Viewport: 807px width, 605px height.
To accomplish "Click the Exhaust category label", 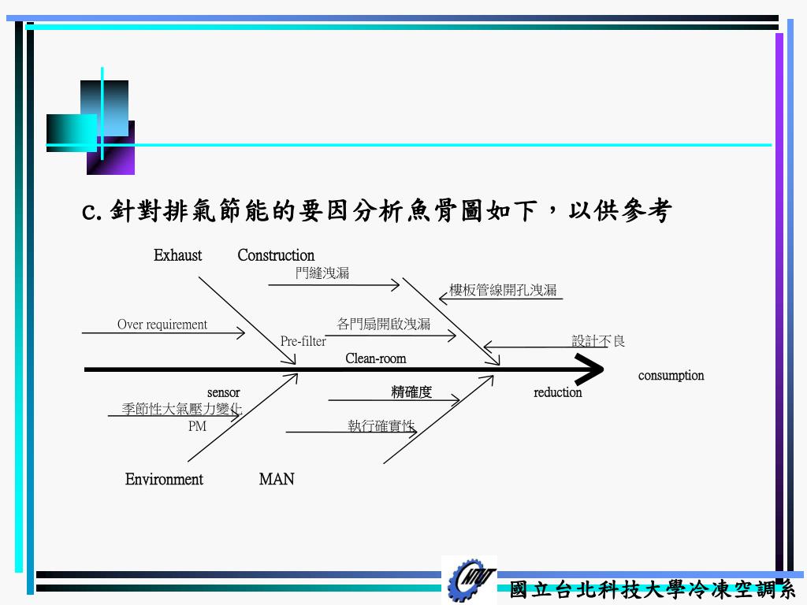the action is pos(177,255).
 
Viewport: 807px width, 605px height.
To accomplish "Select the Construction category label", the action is pos(276,255).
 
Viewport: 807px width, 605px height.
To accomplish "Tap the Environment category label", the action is pos(164,479).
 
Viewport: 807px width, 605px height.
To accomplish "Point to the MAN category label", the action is pos(277,479).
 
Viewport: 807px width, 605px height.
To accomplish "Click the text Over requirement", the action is pos(162,325).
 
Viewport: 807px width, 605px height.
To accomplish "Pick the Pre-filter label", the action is pos(303,341).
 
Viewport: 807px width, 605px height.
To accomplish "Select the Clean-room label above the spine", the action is pos(376,358).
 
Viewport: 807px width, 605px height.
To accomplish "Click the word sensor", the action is pos(224,392).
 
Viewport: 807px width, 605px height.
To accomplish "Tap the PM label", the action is pos(197,426).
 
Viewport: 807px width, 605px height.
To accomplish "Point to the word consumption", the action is pos(671,375).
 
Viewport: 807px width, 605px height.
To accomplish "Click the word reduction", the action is pos(558,392).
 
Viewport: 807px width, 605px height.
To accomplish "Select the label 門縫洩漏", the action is pos(322,273).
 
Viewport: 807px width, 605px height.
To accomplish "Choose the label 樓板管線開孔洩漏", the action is pos(503,290).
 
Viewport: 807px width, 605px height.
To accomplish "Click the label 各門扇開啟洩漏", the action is pos(384,324).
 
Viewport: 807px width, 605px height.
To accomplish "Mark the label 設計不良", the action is pos(599,341).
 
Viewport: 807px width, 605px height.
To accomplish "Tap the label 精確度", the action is pos(411,392).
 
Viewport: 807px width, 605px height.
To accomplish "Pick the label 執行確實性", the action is pos(381,426).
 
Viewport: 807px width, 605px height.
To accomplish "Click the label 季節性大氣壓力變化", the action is pos(182,409).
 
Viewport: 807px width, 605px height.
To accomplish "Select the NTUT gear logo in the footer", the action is pos(470,581).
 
